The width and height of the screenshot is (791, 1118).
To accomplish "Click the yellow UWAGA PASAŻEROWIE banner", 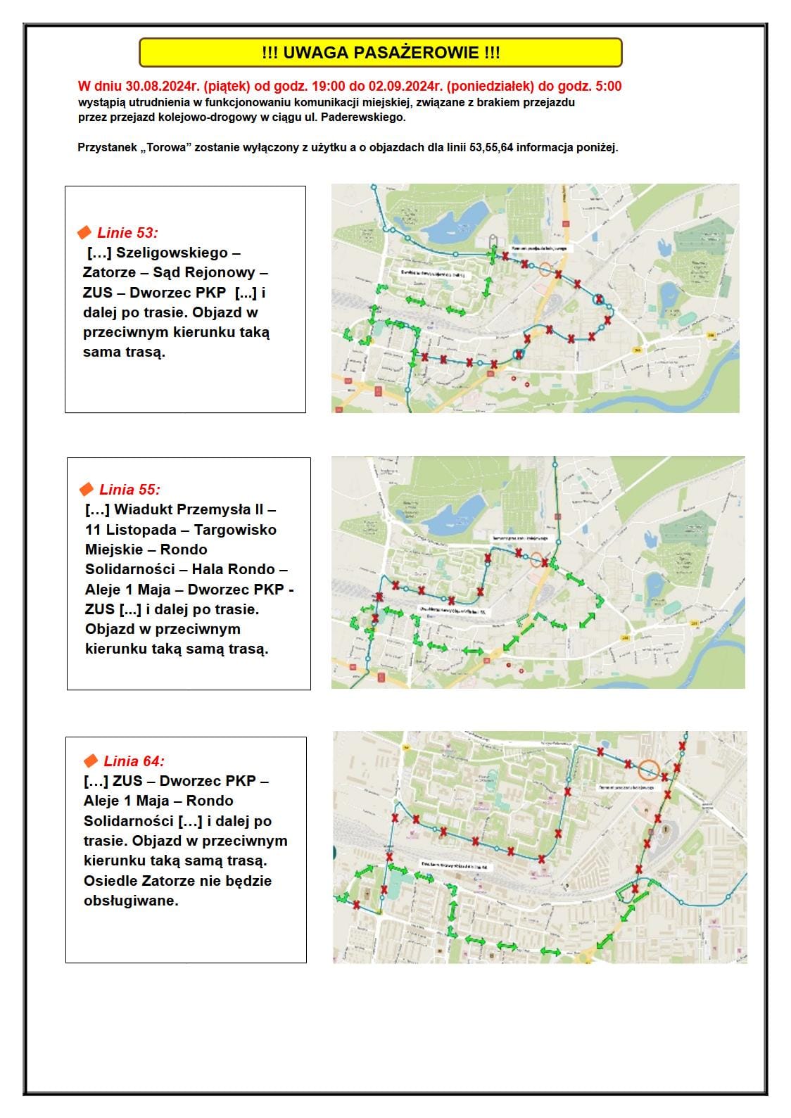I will click(380, 53).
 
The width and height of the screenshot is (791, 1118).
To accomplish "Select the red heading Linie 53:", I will click(127, 233).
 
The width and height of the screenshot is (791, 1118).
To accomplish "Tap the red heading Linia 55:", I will click(129, 489).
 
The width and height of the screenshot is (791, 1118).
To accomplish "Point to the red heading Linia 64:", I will click(134, 761).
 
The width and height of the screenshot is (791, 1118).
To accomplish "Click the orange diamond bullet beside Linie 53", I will click(84, 232).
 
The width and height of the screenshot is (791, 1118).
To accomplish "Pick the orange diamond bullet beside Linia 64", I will click(91, 761).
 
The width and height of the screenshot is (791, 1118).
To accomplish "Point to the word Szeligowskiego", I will click(172, 253).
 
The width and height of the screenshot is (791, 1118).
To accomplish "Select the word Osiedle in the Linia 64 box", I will click(110, 881).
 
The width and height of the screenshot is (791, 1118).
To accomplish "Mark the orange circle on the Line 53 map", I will click(546, 269).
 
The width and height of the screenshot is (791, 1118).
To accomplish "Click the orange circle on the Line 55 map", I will click(536, 560).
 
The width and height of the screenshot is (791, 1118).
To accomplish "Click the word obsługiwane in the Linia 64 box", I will click(131, 901).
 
